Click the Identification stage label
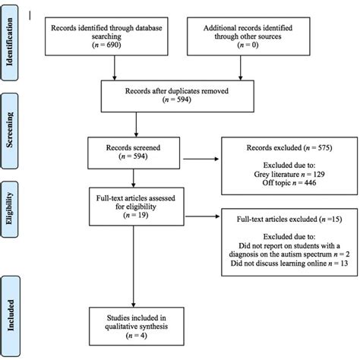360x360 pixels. pos(12,45)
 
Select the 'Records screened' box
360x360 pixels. pos(137,149)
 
